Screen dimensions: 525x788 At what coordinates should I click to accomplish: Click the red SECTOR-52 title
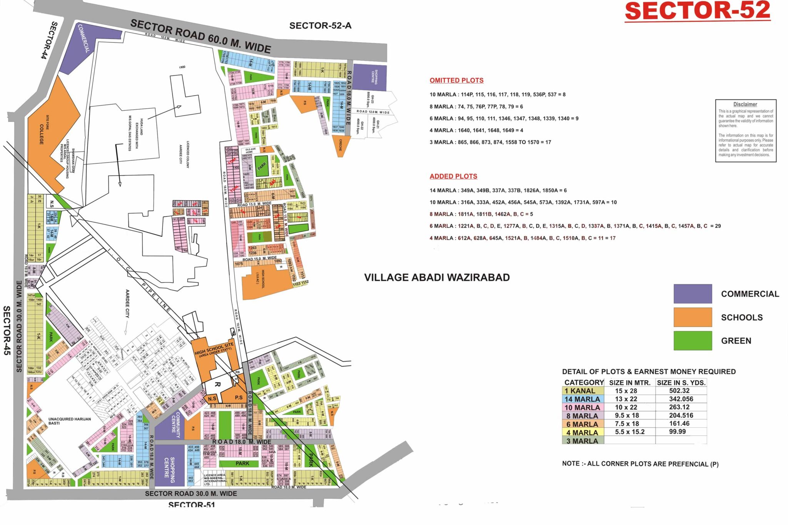click(x=697, y=11)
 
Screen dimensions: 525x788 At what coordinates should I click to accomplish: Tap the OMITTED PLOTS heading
click(x=456, y=80)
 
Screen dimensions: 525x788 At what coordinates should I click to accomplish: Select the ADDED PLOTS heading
click(x=453, y=176)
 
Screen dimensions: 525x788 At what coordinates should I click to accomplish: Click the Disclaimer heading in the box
click(x=745, y=104)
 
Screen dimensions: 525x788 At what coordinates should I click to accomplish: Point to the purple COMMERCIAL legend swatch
click(x=693, y=294)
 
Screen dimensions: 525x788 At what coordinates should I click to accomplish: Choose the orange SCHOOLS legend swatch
click(x=693, y=317)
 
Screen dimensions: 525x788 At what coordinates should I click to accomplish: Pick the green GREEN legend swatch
click(x=693, y=341)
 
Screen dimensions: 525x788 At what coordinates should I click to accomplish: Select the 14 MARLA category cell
click(x=583, y=399)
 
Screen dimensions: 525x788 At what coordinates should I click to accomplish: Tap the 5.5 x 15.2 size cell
click(x=629, y=432)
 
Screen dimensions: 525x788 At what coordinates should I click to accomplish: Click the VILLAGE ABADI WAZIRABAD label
click(x=437, y=278)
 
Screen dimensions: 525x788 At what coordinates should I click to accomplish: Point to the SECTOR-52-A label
click(x=320, y=26)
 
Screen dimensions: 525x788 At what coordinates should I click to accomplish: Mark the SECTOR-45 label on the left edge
click(x=7, y=330)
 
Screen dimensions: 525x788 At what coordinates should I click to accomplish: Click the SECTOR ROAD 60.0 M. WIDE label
click(x=200, y=36)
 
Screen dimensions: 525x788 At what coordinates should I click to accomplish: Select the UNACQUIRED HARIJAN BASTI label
click(x=70, y=421)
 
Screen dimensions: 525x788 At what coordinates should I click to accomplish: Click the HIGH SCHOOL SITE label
click(x=214, y=349)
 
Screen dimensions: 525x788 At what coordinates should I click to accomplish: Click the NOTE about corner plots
click(x=640, y=464)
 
